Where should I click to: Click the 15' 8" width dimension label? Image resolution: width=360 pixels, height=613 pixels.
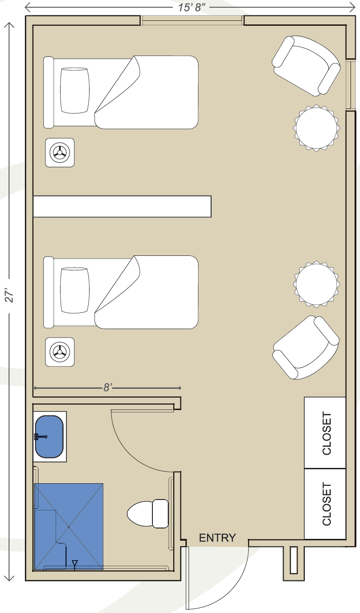pyautogui.click(x=192, y=7)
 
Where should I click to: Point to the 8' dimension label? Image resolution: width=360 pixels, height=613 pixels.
pyautogui.click(x=108, y=387)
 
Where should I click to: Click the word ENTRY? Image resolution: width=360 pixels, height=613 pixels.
pyautogui.click(x=218, y=538)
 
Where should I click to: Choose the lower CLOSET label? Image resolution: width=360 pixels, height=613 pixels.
pyautogui.click(x=327, y=504)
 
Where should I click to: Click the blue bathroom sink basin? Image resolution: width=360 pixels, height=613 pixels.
pyautogui.click(x=49, y=437)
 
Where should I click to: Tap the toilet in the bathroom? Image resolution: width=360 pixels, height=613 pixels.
pyautogui.click(x=148, y=514)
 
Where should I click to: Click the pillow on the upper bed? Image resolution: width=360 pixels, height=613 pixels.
pyautogui.click(x=75, y=90)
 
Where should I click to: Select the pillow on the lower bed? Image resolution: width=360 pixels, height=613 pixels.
pyautogui.click(x=75, y=290)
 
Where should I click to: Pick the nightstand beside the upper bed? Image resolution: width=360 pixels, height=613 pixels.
pyautogui.click(x=60, y=152)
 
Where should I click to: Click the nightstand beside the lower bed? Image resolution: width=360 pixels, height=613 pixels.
pyautogui.click(x=60, y=352)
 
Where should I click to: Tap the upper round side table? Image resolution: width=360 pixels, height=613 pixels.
pyautogui.click(x=317, y=128)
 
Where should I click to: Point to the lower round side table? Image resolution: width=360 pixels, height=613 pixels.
pyautogui.click(x=317, y=284)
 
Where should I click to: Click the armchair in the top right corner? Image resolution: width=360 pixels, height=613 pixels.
pyautogui.click(x=306, y=66)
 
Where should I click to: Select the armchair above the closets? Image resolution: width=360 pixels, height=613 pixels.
pyautogui.click(x=306, y=348)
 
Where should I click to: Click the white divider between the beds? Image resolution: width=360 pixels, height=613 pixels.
pyautogui.click(x=122, y=206)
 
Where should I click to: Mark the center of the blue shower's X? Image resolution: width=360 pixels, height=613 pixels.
pyautogui.click(x=68, y=527)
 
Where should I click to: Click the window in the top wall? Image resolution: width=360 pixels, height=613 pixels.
pyautogui.click(x=192, y=20)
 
